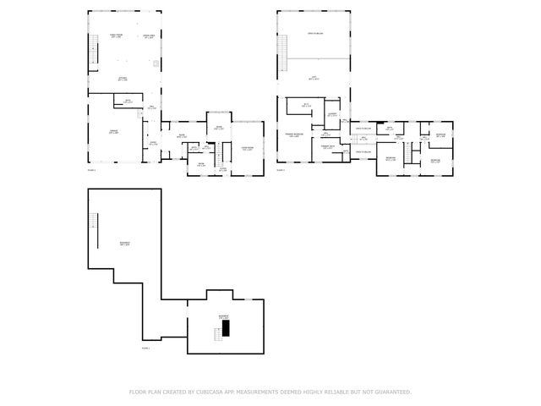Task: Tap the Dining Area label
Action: pyautogui.click(x=148, y=36)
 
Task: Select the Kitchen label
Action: pyautogui.click(x=123, y=79)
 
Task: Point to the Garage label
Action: pyautogui.click(x=112, y=132)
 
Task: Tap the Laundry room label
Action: pyautogui.click(x=333, y=114)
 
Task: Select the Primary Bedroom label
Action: pyautogui.click(x=294, y=134)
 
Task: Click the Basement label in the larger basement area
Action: pyautogui.click(x=124, y=244)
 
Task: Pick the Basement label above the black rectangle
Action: pyautogui.click(x=224, y=316)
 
